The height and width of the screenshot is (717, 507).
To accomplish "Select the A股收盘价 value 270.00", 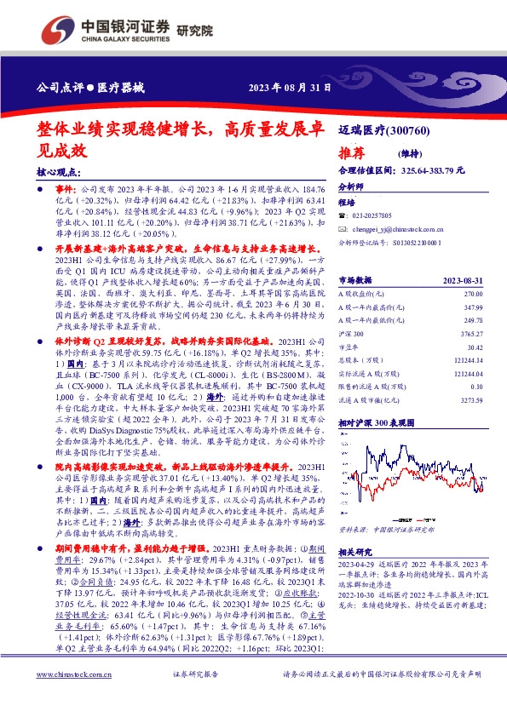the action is click(x=474, y=294).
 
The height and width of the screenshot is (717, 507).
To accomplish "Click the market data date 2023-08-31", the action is click(x=464, y=279).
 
